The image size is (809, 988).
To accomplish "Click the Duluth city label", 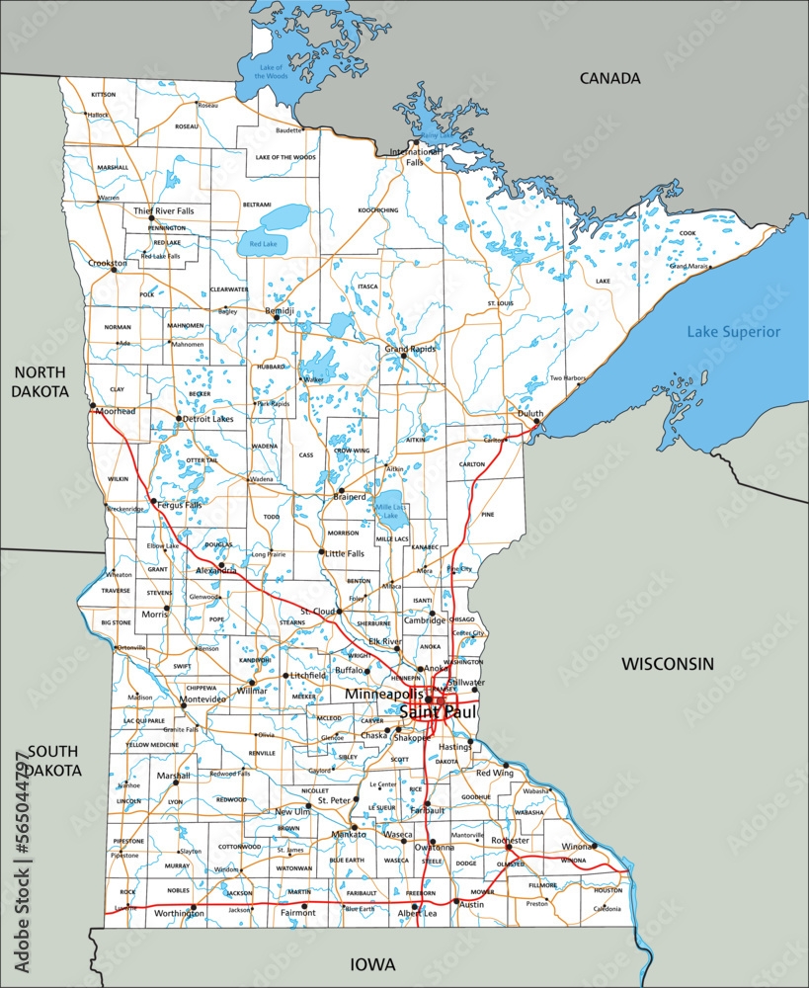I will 529,413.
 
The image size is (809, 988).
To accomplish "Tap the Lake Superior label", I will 733,332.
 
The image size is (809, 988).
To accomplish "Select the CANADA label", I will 609,78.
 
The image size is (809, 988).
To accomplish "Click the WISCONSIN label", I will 667,665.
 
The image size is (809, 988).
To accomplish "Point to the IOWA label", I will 372,963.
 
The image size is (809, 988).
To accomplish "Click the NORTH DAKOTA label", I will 40,381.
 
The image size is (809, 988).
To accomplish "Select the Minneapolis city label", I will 384,696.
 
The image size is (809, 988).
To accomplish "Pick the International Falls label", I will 414,157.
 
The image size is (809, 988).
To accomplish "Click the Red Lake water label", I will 264,243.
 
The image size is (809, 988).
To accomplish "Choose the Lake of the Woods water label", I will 271,71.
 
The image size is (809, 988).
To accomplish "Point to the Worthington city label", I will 179,914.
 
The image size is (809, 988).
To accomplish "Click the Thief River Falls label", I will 164,211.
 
